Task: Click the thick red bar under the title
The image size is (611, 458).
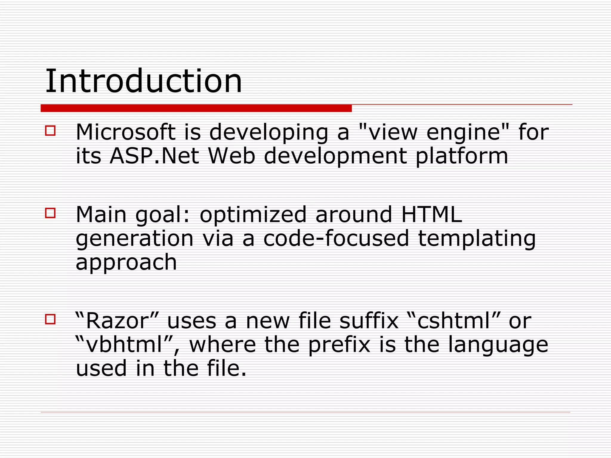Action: click(x=196, y=108)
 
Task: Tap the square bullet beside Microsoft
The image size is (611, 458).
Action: click(x=50, y=131)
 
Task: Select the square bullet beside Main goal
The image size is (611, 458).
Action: click(x=50, y=213)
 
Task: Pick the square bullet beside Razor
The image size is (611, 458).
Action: click(x=50, y=319)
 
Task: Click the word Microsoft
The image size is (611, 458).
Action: click(x=126, y=132)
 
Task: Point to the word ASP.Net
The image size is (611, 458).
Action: click(x=154, y=156)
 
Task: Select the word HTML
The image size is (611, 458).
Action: click(x=431, y=214)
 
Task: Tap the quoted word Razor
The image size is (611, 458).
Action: click(x=117, y=321)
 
